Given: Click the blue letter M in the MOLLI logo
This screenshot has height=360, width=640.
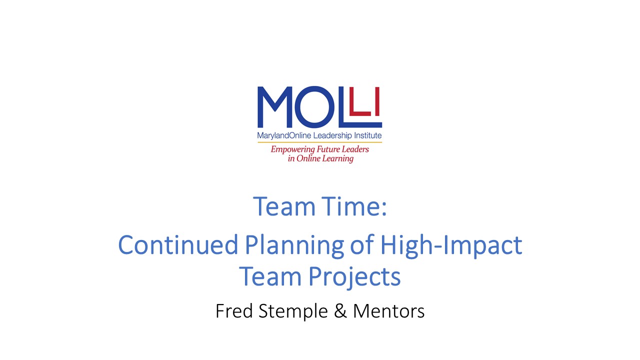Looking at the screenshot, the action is coord(275,107).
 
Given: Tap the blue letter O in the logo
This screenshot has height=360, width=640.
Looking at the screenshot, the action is coord(314,107).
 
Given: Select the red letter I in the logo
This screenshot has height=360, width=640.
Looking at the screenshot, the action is coord(377,101).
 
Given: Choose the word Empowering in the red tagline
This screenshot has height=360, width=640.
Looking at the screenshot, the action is coord(288,149).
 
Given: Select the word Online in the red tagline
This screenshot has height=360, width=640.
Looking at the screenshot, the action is coord(307,158).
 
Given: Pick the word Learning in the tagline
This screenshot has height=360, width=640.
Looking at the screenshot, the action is coord(337,159).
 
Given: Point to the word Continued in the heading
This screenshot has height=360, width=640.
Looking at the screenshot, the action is coord(178,245).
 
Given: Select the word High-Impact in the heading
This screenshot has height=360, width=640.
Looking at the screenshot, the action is coord(451,246).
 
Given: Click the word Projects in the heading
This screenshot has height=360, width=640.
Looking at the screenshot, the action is coord(354,277).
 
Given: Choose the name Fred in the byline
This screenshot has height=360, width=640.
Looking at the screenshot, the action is coord(234,311).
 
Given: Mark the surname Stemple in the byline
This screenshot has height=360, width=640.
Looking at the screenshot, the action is coord(293,312).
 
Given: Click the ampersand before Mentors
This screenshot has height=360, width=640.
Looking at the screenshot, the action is coord(340,311).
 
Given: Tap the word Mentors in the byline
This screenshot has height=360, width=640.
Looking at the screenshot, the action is coord(389,311).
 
